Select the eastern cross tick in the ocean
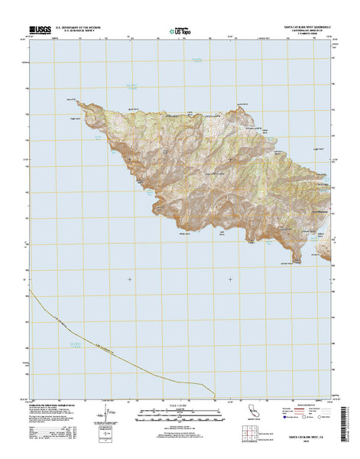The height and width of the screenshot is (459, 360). point(229,278)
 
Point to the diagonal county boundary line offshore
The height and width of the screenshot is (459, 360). point(92,336)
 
